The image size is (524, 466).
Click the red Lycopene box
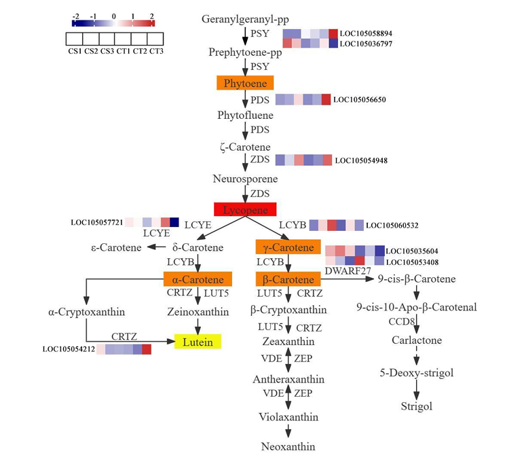click(x=245, y=210)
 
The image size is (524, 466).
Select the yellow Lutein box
click(x=198, y=342)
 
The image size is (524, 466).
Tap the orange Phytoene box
click(x=245, y=83)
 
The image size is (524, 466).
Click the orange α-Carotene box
click(x=198, y=279)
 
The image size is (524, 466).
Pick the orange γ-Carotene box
click(x=288, y=247)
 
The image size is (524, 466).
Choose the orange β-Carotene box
click(x=288, y=279)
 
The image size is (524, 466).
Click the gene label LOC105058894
click(x=366, y=33)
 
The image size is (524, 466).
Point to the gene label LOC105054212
click(x=69, y=349)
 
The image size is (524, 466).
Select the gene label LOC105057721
click(x=97, y=222)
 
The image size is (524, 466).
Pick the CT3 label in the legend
click(x=156, y=52)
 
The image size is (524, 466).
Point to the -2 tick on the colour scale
click(x=75, y=15)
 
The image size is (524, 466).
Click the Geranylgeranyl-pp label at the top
click(x=245, y=18)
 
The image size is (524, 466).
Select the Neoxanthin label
click(x=288, y=446)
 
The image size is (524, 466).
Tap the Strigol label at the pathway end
click(x=416, y=406)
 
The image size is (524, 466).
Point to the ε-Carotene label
click(x=117, y=247)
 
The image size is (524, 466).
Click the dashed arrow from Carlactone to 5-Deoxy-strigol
click(x=416, y=356)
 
